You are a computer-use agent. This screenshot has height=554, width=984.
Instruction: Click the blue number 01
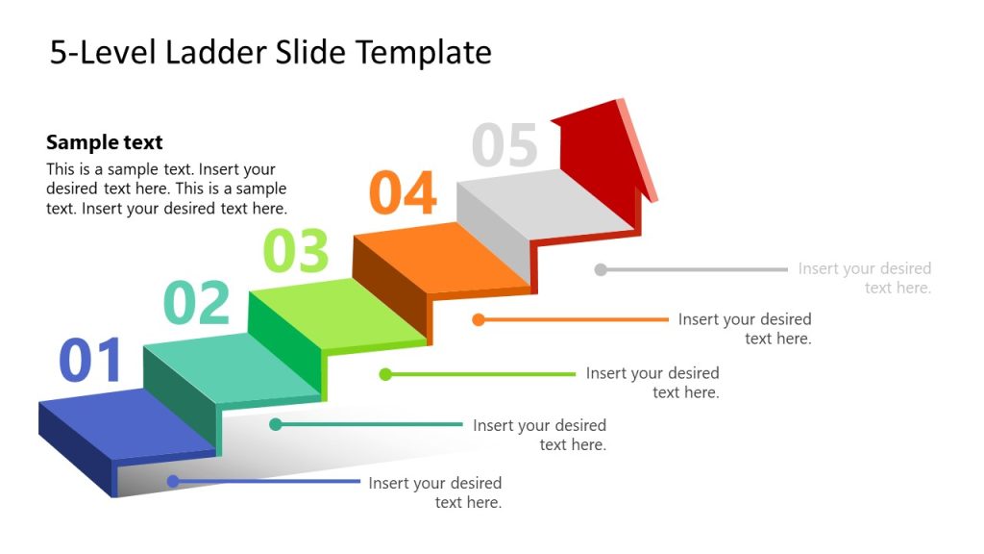[x=91, y=361]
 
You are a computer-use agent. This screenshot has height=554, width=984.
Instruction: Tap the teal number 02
[x=197, y=303]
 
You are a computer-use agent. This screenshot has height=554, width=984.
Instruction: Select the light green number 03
[x=296, y=251]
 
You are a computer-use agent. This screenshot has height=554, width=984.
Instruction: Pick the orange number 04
[x=404, y=193]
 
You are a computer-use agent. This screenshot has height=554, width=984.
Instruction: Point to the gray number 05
[x=504, y=146]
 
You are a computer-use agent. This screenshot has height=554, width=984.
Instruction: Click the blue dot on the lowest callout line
[x=173, y=481]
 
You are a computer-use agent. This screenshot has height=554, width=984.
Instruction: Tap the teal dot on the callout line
[x=276, y=424]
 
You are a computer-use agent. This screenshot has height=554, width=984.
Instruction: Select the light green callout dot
[x=385, y=374]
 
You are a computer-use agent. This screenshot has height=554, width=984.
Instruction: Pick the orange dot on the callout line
[x=479, y=319]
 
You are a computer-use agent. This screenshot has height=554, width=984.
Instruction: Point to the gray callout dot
[x=601, y=269]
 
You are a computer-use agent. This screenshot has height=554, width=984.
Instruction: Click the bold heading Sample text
[x=105, y=142]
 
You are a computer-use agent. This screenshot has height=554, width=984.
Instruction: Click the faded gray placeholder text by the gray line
[x=865, y=278]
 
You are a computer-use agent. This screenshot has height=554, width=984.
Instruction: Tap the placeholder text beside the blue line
[x=435, y=492]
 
